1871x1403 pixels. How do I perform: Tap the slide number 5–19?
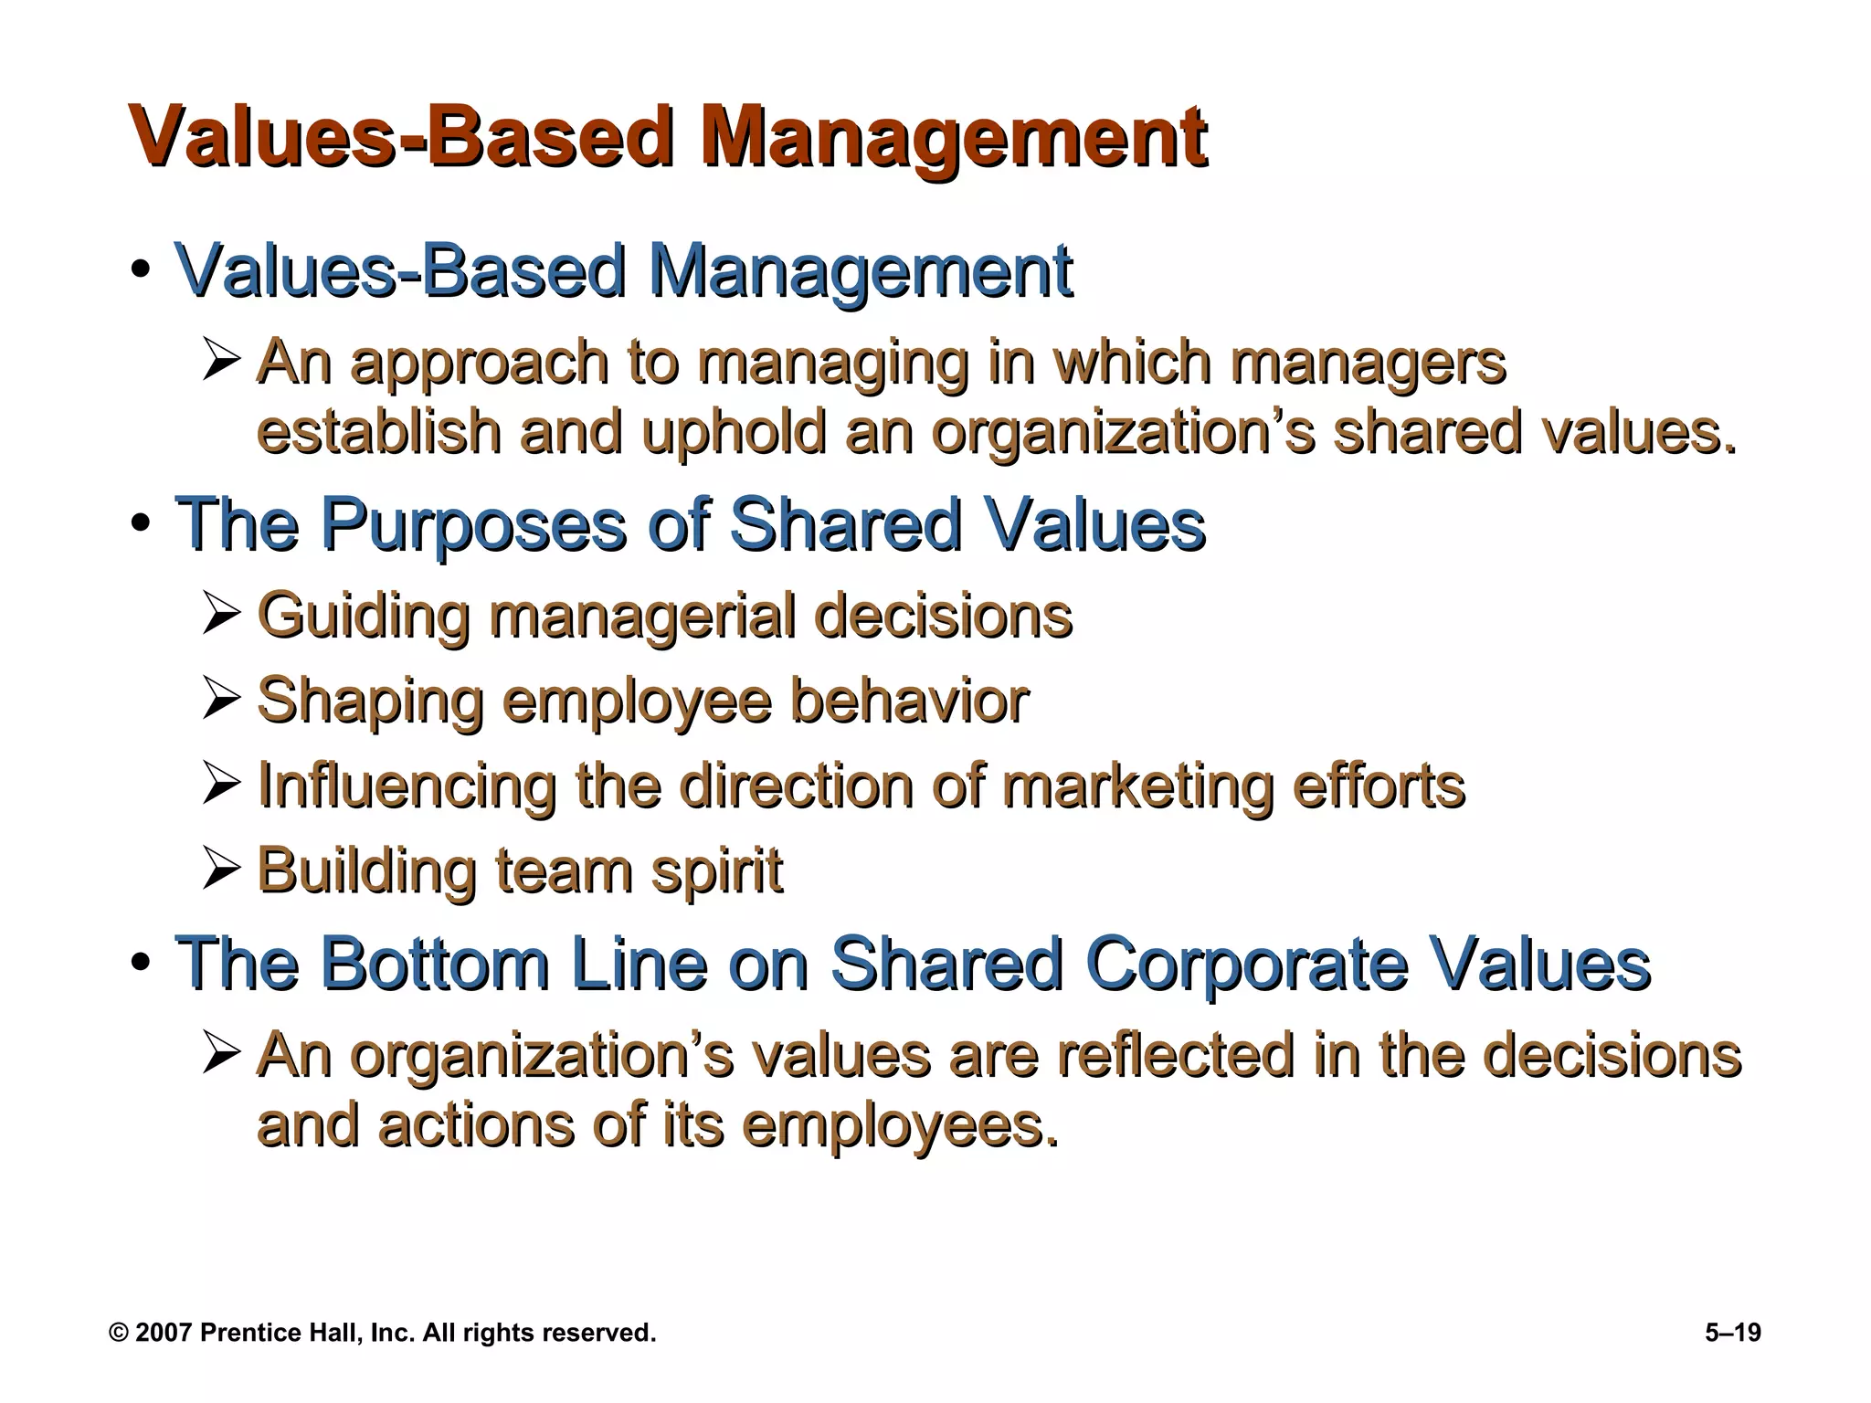[1732, 1333]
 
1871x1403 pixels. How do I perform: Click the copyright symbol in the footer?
[118, 1333]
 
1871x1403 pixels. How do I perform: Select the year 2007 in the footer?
[164, 1333]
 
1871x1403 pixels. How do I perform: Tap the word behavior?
[909, 701]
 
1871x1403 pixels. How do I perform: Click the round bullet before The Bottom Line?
[140, 963]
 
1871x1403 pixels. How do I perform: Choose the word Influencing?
[407, 785]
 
